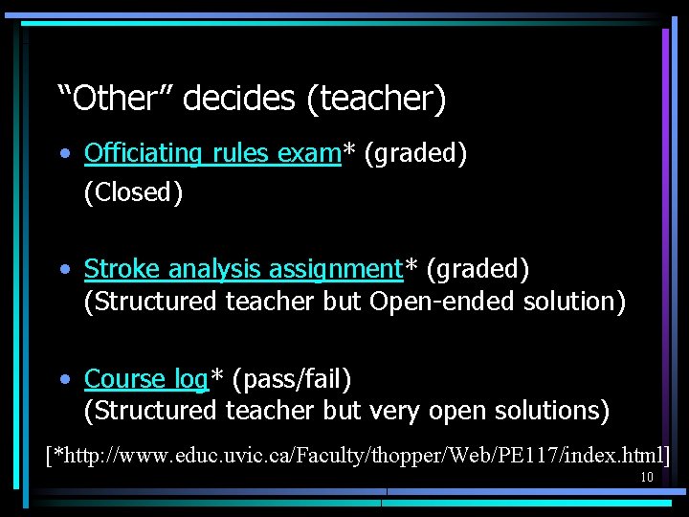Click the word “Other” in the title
pyautogui.click(x=115, y=98)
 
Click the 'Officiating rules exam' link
pyautogui.click(x=212, y=153)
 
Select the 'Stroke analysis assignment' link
pyautogui.click(x=243, y=269)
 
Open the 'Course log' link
pyautogui.click(x=145, y=379)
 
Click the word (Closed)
pyautogui.click(x=133, y=191)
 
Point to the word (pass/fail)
pyautogui.click(x=292, y=379)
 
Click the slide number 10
pyautogui.click(x=647, y=477)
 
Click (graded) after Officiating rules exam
pyautogui.click(x=416, y=153)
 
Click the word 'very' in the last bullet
pyautogui.click(x=396, y=411)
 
